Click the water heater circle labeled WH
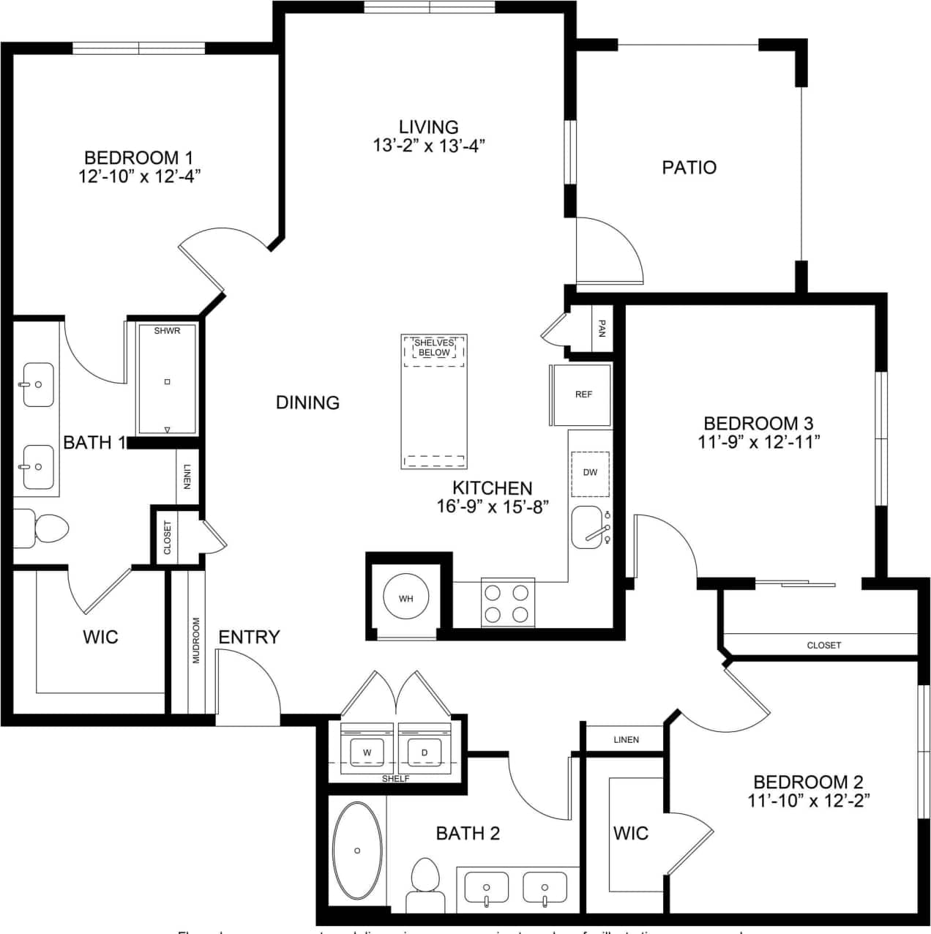point(405,598)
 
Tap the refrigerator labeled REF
point(583,395)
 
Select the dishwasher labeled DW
point(590,472)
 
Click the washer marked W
point(367,752)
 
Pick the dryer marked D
point(424,752)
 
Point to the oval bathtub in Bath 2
point(357,851)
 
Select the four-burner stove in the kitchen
point(507,602)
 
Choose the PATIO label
point(689,168)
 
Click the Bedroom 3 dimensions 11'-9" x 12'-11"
point(758,442)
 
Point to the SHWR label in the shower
point(167,331)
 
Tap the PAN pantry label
point(602,327)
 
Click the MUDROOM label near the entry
point(196,640)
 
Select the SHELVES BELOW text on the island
point(434,348)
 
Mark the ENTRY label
point(249,637)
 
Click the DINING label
point(307,402)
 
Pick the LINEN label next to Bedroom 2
point(626,740)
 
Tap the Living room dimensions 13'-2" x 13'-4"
point(429,146)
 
